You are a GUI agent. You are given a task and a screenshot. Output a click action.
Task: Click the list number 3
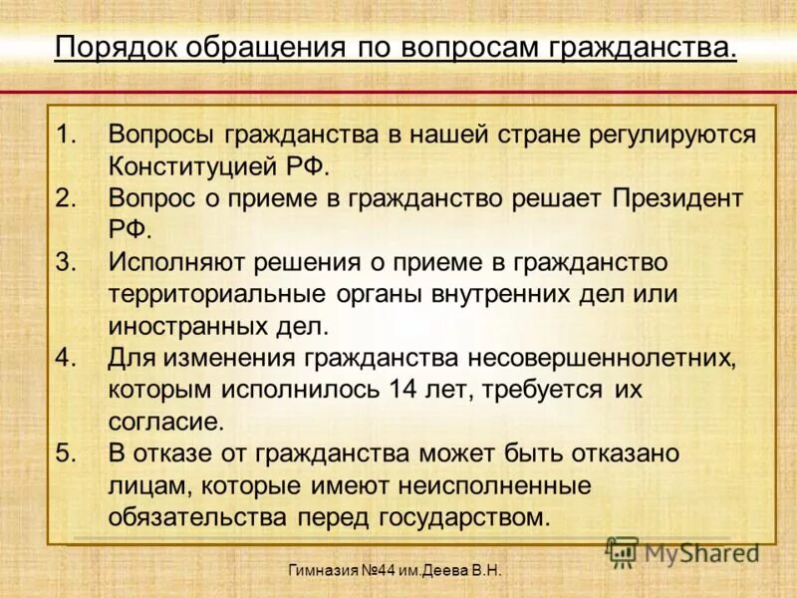click(x=66, y=262)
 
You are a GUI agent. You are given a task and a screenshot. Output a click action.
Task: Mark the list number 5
click(x=66, y=453)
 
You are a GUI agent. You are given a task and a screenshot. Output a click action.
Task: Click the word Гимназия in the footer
click(x=323, y=571)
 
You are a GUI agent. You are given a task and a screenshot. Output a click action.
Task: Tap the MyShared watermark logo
click(x=683, y=551)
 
